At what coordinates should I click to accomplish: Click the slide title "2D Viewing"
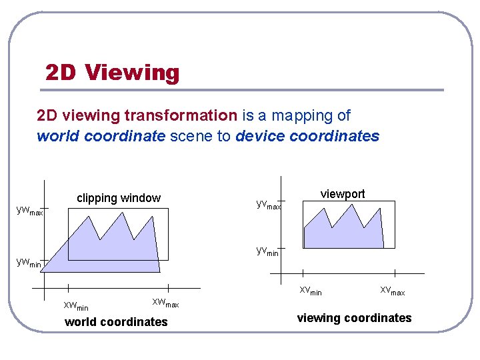pyautogui.click(x=112, y=72)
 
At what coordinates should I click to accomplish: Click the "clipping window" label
pyautogui.click(x=119, y=198)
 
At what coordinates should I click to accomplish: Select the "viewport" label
pyautogui.click(x=343, y=194)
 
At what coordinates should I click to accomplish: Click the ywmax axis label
pyautogui.click(x=29, y=211)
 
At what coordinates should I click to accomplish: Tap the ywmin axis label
pyautogui.click(x=29, y=263)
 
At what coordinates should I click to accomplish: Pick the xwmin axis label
pyautogui.click(x=75, y=306)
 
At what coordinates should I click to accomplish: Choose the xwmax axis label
pyautogui.click(x=165, y=303)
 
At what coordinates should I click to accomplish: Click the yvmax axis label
pyautogui.click(x=268, y=204)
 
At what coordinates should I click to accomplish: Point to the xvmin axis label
pyautogui.click(x=311, y=291)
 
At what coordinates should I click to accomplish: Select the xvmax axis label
pyautogui.click(x=392, y=291)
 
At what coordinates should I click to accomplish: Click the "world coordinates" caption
pyautogui.click(x=116, y=322)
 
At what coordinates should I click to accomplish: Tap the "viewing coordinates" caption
pyautogui.click(x=354, y=318)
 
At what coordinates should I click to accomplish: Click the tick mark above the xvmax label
pyautogui.click(x=395, y=273)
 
